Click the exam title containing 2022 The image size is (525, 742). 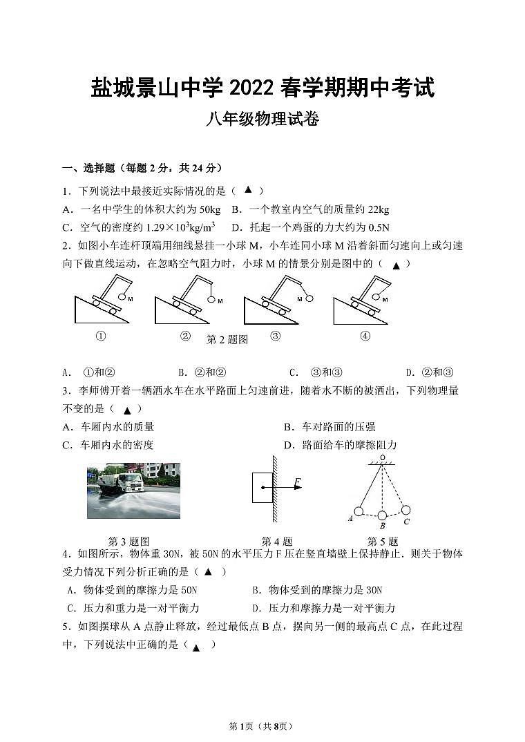coord(262,88)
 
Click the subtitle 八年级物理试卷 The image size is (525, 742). coord(262,120)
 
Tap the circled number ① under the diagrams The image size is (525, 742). coord(101,336)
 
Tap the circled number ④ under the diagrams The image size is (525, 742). coord(365,336)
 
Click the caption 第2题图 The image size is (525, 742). coord(227,339)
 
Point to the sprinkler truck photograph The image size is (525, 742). coord(133,491)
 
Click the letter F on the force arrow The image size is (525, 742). coord(297,482)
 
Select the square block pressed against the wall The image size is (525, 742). coord(262,487)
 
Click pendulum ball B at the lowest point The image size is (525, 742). coord(382,515)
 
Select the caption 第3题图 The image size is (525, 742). coord(129,542)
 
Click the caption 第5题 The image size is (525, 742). coord(383,542)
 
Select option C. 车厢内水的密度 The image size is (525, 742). coord(108,445)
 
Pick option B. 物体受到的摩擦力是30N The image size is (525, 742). coord(317,590)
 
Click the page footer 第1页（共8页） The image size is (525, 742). coord(262,725)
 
